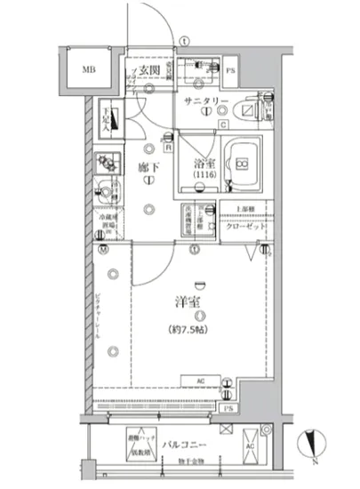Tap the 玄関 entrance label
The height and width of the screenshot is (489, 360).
148,69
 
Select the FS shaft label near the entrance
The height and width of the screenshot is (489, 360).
229,69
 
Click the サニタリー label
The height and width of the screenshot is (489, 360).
206,102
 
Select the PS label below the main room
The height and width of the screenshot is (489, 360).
228,407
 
